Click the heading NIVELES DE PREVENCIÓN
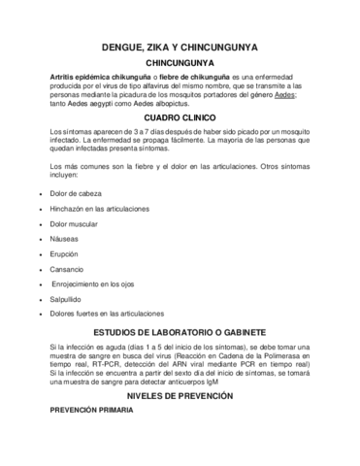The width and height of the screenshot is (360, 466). [180, 398]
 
